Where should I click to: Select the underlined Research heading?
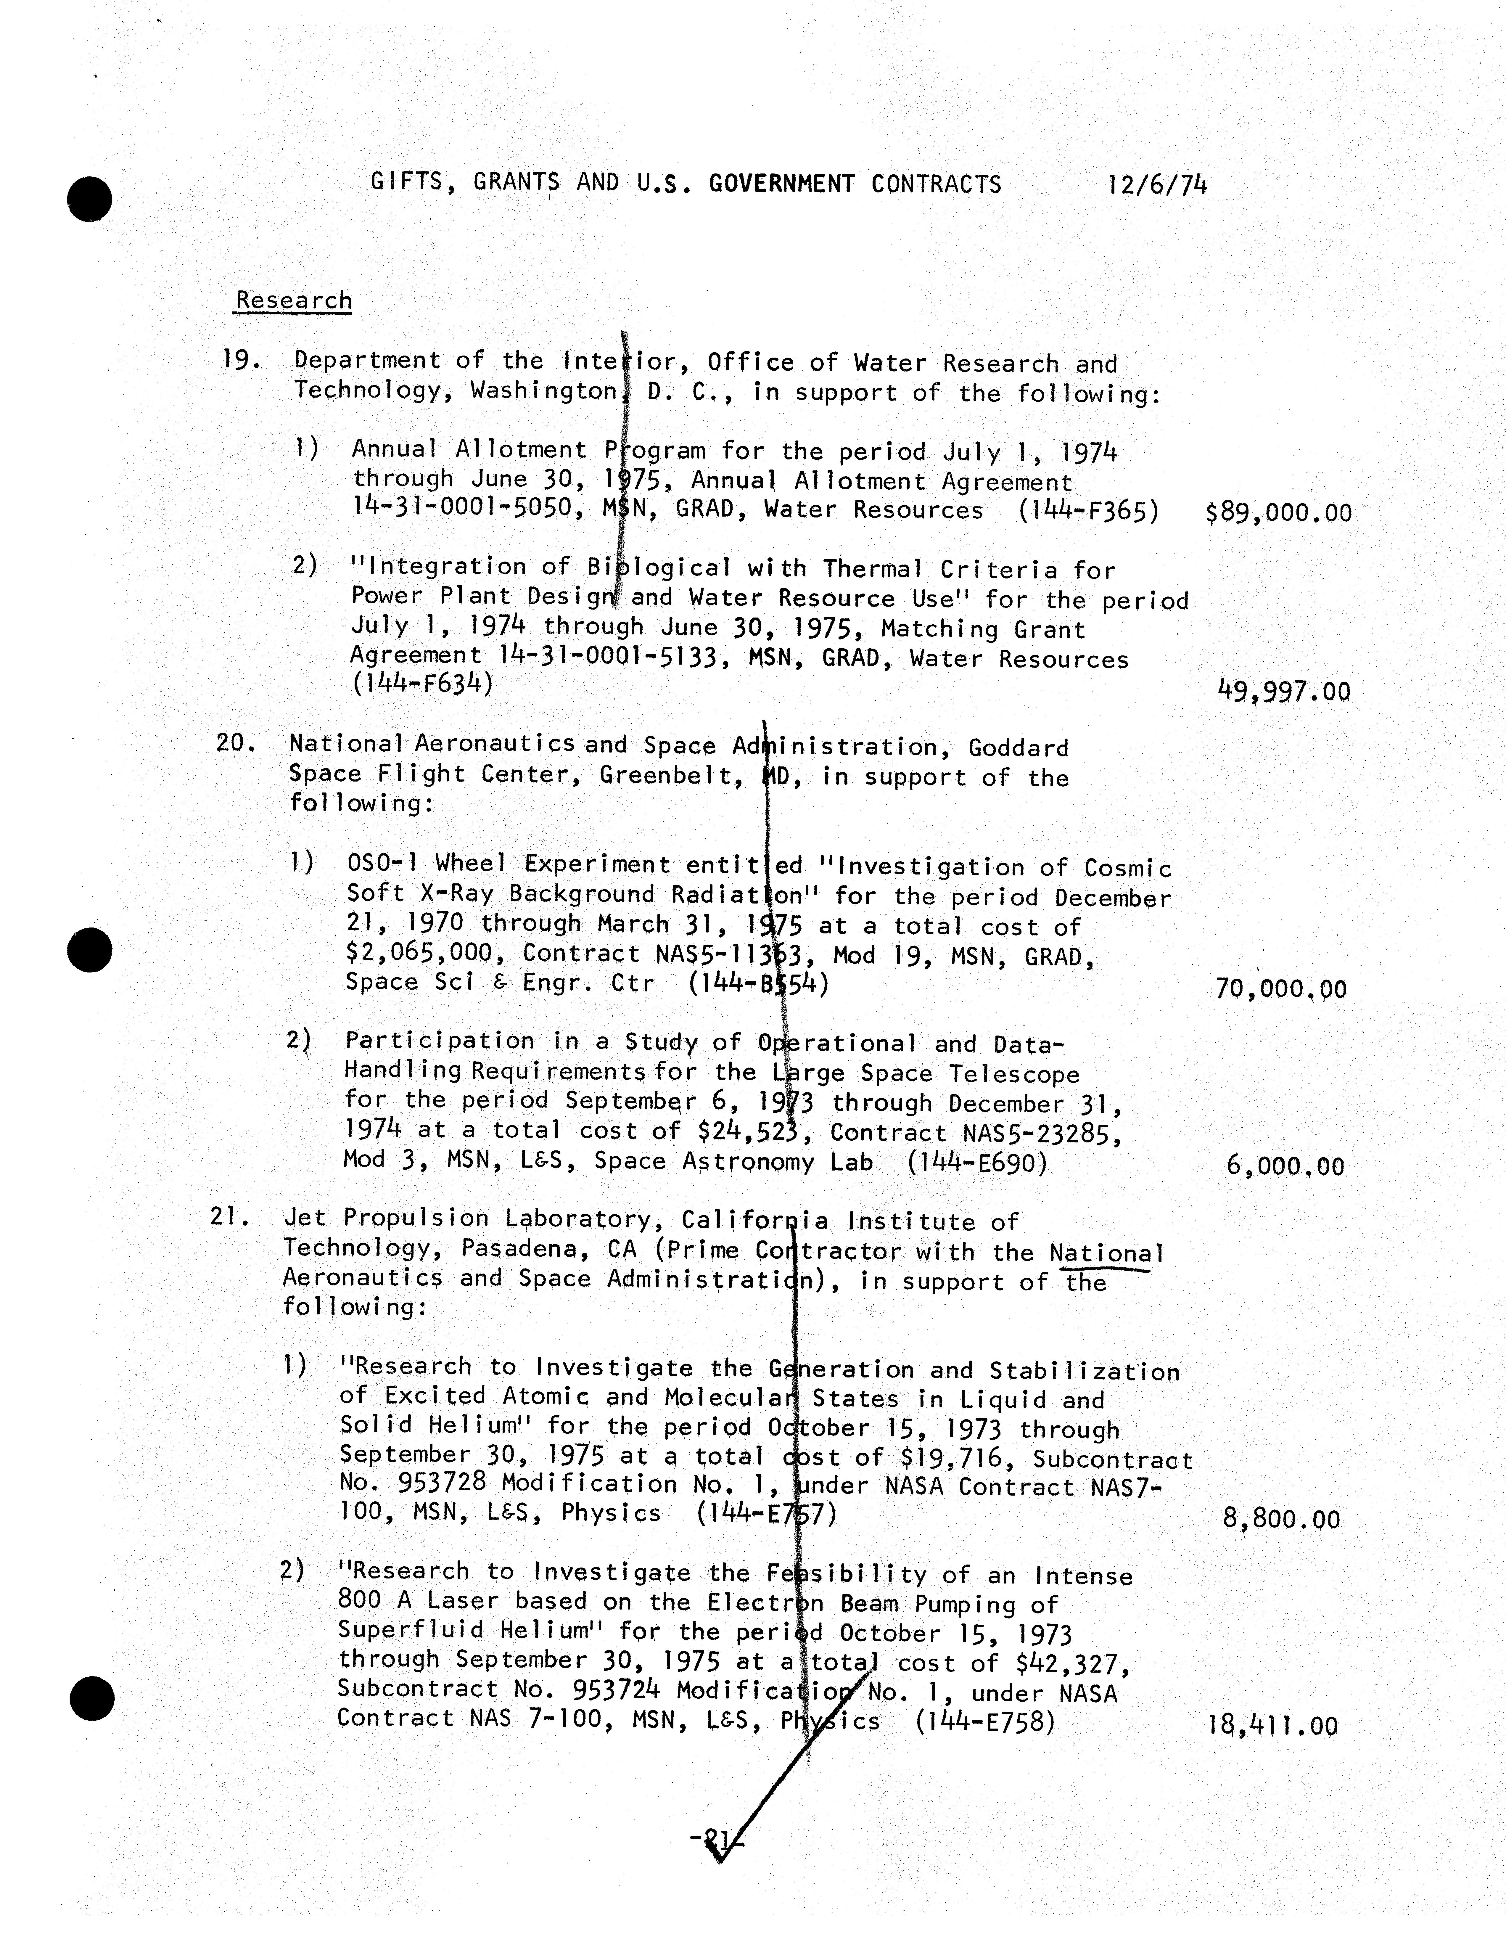(293, 300)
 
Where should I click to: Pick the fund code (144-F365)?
(1088, 511)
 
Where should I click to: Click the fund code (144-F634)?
(421, 684)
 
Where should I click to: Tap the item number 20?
(236, 743)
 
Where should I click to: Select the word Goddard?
(1018, 748)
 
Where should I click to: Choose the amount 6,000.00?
(1285, 1166)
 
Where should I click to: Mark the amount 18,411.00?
(1273, 1726)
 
